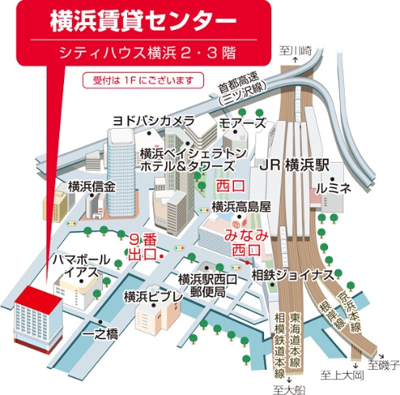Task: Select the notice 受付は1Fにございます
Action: [143, 80]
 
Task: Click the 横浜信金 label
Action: [91, 187]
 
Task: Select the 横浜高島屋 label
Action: [242, 205]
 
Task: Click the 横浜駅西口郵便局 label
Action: [209, 285]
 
